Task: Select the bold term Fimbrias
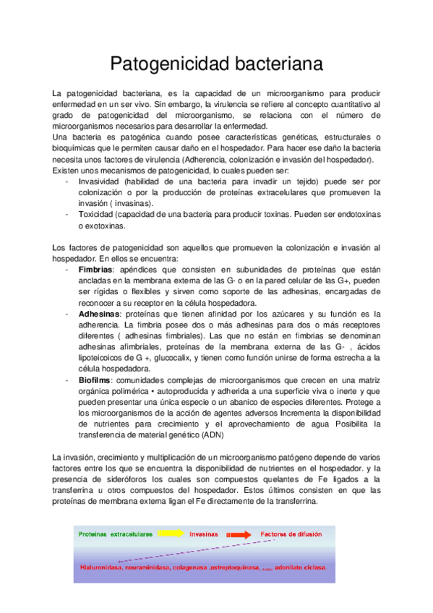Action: point(96,269)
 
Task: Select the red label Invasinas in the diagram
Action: point(204,535)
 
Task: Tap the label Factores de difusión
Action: point(295,535)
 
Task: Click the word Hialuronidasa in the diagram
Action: point(102,568)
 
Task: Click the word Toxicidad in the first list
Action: point(97,214)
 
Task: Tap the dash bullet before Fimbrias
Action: point(67,269)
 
